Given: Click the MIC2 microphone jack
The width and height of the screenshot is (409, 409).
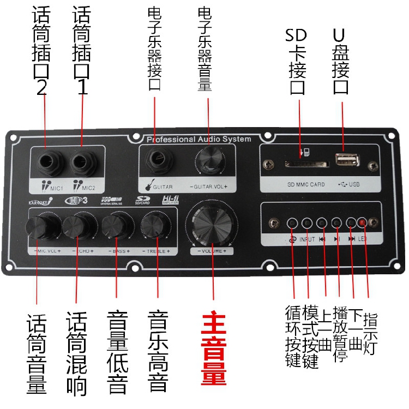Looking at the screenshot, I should [82, 163].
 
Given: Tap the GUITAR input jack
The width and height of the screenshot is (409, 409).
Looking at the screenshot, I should [158, 160].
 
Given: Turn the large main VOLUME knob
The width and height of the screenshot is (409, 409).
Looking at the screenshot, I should [212, 225].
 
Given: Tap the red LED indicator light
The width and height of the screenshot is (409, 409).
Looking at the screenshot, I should [363, 222].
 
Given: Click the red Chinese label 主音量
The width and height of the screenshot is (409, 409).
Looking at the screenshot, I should [213, 349].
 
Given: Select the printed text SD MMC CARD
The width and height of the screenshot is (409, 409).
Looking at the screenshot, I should [305, 184].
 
